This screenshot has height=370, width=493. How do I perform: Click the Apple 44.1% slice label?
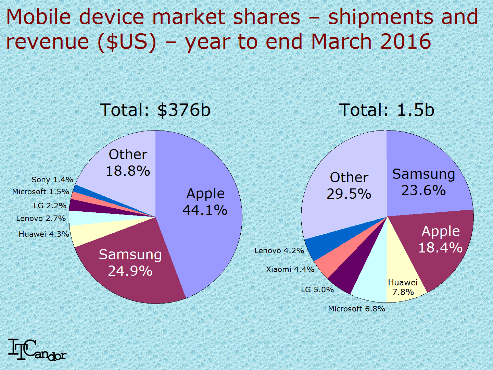[205, 202]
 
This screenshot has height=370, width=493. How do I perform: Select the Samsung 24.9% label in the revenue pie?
[130, 262]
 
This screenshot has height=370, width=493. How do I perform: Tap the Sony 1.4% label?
[52, 180]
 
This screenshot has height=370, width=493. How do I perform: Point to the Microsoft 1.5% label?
[41, 192]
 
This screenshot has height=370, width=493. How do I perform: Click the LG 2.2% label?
[50, 206]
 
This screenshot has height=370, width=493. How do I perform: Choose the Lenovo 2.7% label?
[41, 218]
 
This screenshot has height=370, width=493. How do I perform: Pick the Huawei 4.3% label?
[44, 234]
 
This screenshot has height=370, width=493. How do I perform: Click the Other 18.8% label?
[128, 163]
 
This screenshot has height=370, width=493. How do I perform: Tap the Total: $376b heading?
[155, 110]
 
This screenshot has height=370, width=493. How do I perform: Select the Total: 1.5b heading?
[387, 110]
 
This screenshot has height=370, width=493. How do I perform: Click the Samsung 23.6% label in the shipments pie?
[424, 182]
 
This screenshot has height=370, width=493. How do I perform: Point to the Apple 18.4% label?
[440, 239]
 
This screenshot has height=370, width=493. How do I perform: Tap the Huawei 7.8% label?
[403, 287]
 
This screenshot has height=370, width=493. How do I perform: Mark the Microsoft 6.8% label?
[356, 309]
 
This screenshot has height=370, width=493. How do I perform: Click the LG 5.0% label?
[317, 289]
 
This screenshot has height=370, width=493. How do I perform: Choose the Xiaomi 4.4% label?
[290, 269]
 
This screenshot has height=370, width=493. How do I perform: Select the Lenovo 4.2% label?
[279, 250]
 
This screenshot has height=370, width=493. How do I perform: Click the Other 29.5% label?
[349, 186]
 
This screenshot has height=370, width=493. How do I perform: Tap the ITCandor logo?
[37, 350]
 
